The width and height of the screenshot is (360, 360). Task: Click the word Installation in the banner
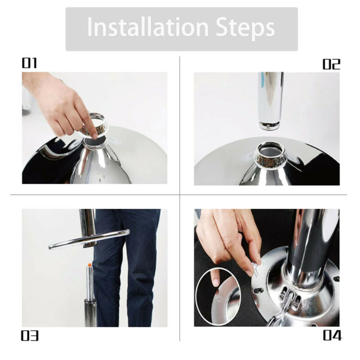tap(148, 27)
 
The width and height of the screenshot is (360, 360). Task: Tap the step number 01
tap(29, 63)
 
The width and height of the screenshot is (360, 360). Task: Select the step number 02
tap(331, 64)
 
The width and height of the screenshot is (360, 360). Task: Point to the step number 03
tap(30, 335)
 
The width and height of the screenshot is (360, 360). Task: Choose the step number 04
tap(332, 335)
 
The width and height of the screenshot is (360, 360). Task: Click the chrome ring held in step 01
tap(94, 125)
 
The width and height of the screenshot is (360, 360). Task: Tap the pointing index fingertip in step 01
tap(94, 136)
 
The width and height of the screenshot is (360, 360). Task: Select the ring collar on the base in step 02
tap(270, 156)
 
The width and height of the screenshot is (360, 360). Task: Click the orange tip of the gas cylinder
tap(89, 265)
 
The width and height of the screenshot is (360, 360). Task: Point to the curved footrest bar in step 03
tap(89, 239)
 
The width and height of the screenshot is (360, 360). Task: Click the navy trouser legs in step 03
tap(125, 266)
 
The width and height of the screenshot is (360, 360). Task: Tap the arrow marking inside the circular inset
tap(219, 298)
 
